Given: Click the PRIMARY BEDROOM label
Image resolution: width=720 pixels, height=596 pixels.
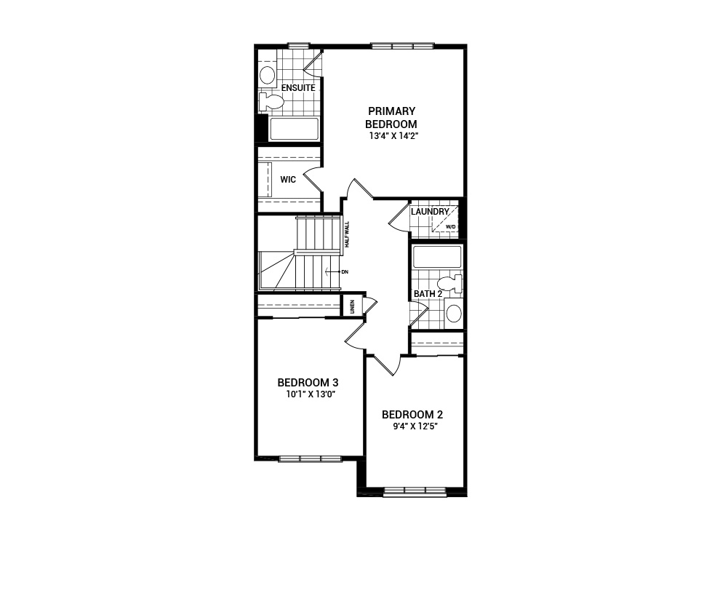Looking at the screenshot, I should [x=391, y=117].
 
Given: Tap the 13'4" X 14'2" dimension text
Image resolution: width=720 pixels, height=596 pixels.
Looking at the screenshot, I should [x=393, y=135].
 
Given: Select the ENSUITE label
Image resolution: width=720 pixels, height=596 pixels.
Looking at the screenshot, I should [x=298, y=88].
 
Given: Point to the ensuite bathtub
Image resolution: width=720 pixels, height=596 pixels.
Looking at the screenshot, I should [x=295, y=130].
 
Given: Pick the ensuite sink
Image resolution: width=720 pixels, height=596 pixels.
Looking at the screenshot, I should [x=268, y=74].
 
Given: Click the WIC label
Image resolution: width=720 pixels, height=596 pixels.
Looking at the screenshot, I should [x=288, y=180].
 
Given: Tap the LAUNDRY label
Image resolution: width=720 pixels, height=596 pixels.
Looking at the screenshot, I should [x=430, y=212].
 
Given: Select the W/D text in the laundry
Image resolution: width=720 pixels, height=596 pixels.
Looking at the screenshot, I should [x=450, y=228].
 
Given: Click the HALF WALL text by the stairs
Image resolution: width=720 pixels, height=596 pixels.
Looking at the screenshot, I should [x=348, y=234].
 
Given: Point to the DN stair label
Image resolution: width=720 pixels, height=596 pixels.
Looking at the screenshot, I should [x=345, y=271].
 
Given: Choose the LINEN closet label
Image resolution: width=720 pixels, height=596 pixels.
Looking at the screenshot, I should [x=352, y=306].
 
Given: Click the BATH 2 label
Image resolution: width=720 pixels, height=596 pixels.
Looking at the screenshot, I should [x=428, y=294].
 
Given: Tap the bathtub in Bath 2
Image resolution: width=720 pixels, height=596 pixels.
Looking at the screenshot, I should [x=437, y=257].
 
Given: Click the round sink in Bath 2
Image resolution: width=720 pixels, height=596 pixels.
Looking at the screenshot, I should [x=454, y=313].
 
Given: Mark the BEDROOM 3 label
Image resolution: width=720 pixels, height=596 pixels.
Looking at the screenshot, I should [x=308, y=383].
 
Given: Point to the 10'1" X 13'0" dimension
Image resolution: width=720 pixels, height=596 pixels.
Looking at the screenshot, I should [x=310, y=394].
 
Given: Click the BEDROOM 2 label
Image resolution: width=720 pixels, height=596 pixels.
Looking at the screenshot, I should [x=412, y=415].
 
